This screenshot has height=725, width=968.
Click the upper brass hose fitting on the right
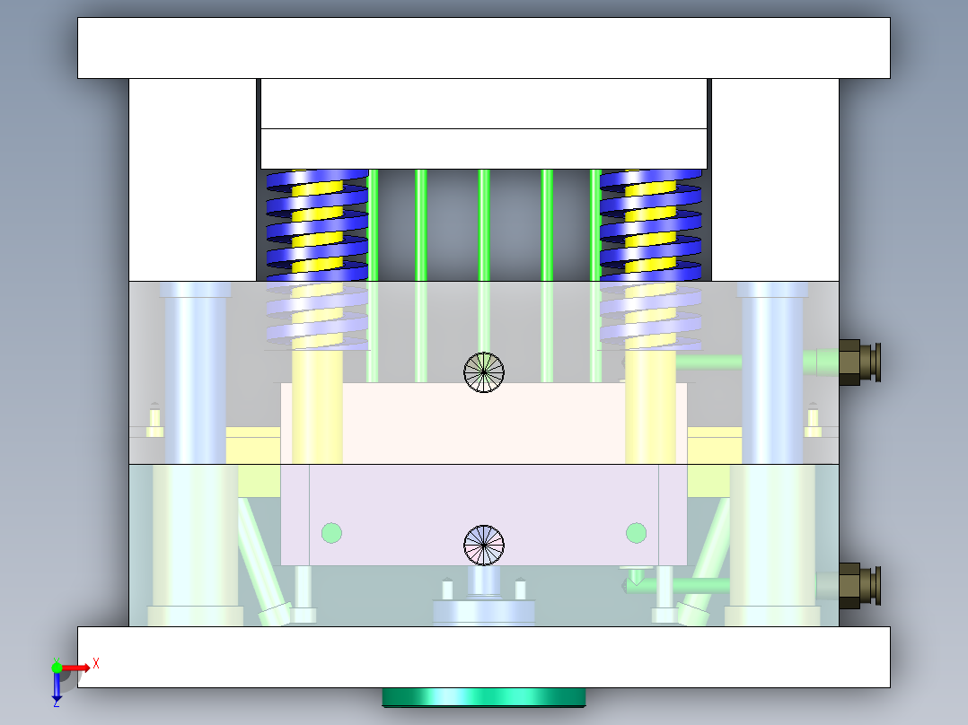click(858, 362)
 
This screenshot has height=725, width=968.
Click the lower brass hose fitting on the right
click(858, 586)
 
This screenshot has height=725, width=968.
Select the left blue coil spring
click(317, 224)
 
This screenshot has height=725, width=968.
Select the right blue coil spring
click(651, 224)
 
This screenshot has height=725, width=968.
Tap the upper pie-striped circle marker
click(484, 371)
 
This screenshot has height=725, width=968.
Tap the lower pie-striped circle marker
click(484, 545)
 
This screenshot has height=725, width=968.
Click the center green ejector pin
click(484, 224)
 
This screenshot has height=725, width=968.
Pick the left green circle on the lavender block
click(331, 533)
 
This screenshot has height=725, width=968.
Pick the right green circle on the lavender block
click(636, 533)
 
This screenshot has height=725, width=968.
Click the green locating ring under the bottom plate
click(484, 697)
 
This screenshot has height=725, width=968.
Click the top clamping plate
click(484, 48)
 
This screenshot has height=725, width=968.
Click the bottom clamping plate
click(484, 657)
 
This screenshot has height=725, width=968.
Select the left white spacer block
click(192, 179)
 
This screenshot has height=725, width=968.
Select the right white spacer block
click(775, 179)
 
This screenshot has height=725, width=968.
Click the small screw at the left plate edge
click(154, 420)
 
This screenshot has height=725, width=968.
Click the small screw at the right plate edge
click(814, 420)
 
